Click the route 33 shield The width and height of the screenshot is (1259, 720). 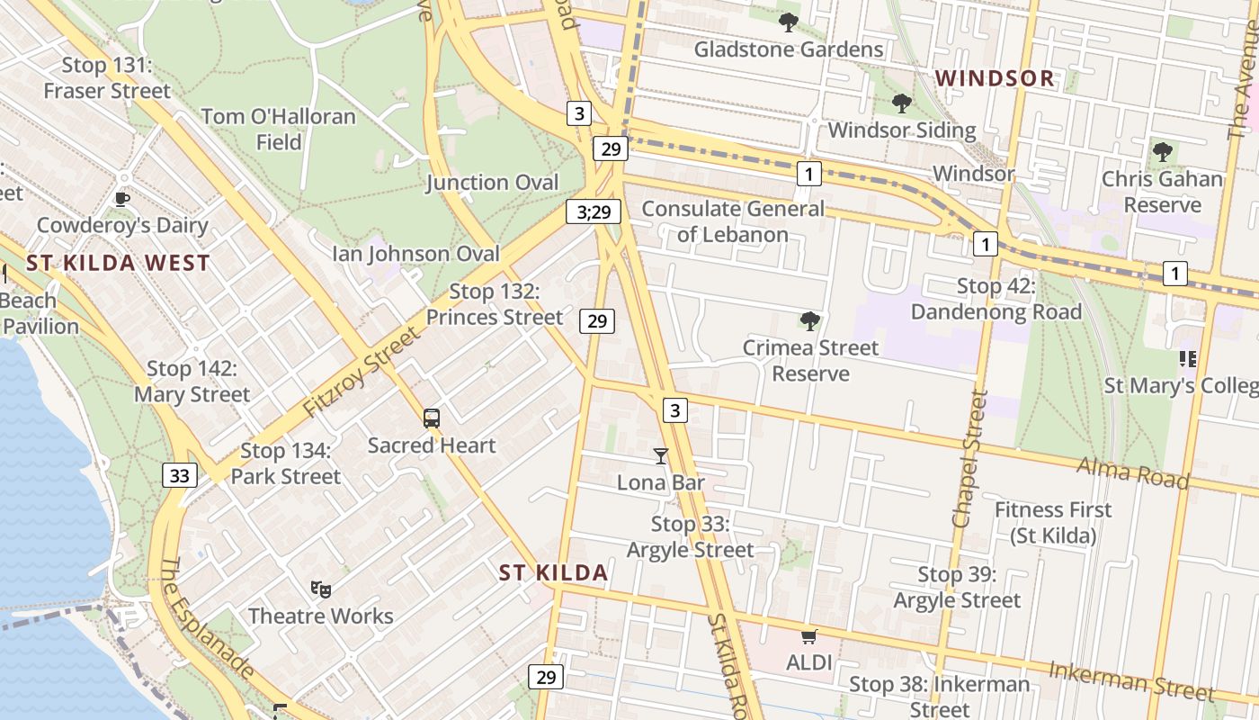coord(180,475)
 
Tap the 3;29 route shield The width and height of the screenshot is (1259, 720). coord(594,212)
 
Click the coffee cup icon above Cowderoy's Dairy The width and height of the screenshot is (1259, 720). coord(122,199)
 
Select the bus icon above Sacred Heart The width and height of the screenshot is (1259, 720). coord(432,418)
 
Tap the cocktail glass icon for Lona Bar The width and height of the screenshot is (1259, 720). coord(661,456)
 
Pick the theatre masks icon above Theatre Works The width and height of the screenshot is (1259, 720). coord(321,589)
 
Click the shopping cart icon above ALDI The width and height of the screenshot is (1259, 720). coord(808,637)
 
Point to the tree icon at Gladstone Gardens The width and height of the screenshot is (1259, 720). coord(789,22)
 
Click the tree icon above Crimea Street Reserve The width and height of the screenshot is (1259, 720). coord(810,320)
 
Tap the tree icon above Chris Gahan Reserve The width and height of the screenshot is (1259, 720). coord(1163,151)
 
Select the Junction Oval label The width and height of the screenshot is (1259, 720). coord(493,183)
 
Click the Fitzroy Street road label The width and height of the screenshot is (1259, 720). coord(362,372)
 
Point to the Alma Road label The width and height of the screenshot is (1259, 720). coord(1133,472)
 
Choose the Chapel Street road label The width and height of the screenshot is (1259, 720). coord(969,459)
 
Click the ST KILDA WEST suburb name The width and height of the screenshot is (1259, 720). coord(118,264)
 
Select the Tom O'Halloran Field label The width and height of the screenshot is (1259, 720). coord(279,129)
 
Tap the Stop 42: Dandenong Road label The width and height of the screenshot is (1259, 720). coord(996,299)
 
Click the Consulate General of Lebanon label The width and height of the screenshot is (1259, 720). coord(733,221)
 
